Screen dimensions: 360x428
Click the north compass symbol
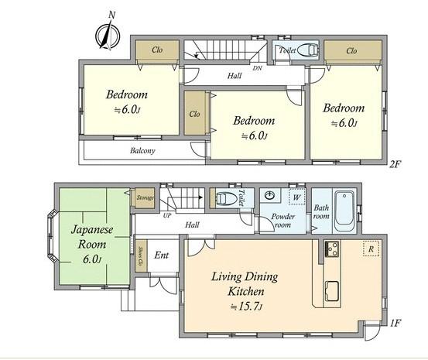(x=106, y=32)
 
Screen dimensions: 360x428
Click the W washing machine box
(x=295, y=196)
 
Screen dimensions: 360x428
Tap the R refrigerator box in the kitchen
(x=371, y=250)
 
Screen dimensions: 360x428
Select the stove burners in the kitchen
(x=332, y=250)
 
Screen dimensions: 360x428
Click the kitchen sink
(x=330, y=291)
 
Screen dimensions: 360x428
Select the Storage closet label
(x=145, y=199)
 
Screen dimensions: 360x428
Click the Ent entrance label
(x=162, y=255)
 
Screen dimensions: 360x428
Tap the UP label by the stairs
(x=167, y=215)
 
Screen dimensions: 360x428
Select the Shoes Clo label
(x=140, y=257)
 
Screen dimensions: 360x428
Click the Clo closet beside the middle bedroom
(x=194, y=114)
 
